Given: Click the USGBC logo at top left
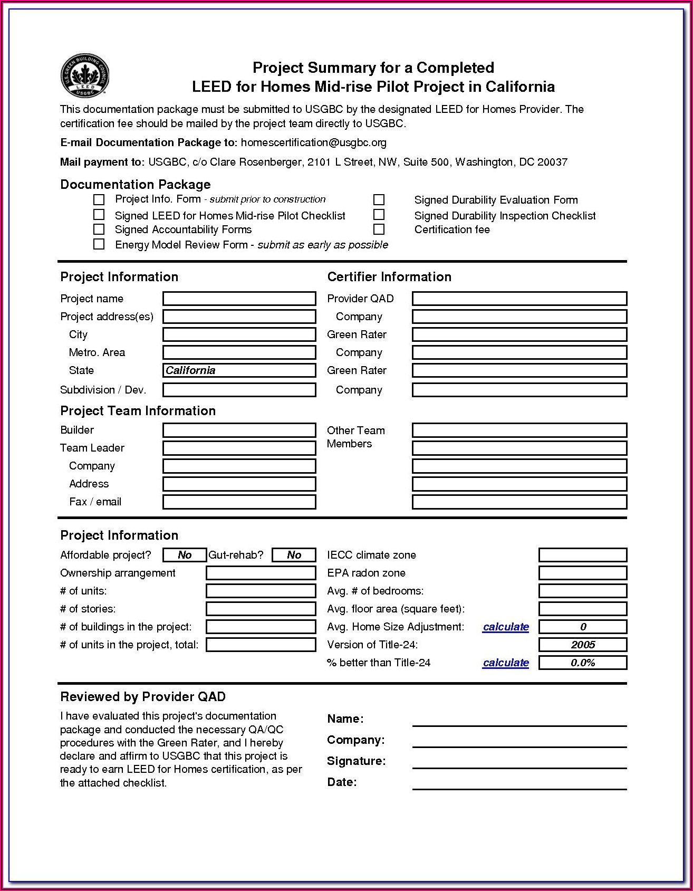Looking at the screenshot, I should (x=85, y=76).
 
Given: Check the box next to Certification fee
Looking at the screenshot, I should (x=379, y=229).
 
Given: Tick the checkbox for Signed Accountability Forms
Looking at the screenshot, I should (x=99, y=229).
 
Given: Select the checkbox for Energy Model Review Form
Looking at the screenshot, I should (x=99, y=244).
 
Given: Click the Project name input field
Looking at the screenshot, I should (x=239, y=299).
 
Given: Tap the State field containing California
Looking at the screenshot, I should (x=239, y=370).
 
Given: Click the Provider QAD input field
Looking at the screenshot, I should (x=519, y=299).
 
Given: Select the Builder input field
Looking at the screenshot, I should (x=239, y=430).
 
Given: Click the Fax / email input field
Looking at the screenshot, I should (x=239, y=502).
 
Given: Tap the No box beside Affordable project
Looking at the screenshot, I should (x=185, y=555).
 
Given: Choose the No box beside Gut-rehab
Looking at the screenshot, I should (x=294, y=555).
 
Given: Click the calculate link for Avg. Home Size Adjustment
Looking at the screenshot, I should (x=505, y=627).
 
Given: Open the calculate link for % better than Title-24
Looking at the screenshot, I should (x=505, y=663).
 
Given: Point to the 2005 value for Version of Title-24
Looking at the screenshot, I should (x=582, y=645).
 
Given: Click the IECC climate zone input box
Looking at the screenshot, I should (x=582, y=555).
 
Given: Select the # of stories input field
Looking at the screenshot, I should (x=261, y=609).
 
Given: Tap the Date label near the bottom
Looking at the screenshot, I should (x=342, y=782).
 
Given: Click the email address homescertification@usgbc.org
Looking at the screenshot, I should (x=313, y=142).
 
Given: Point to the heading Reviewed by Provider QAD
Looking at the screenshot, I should (x=143, y=697).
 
